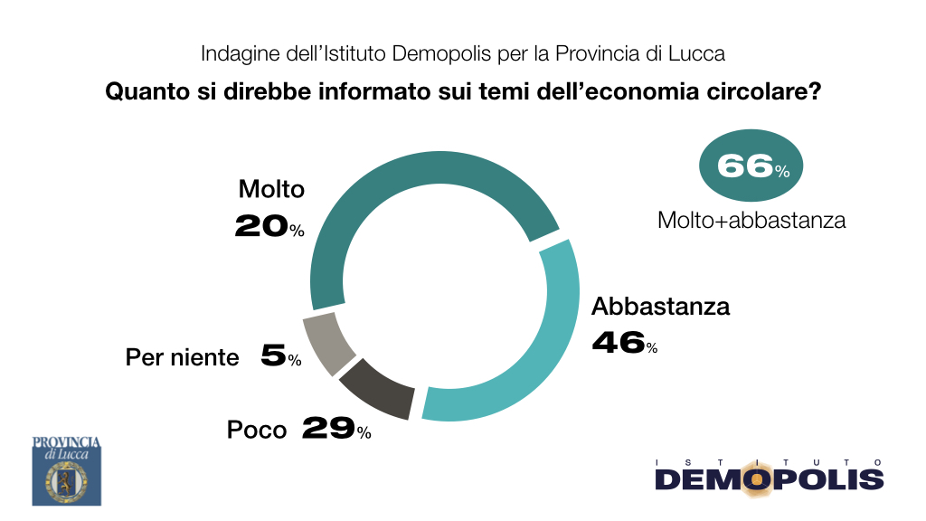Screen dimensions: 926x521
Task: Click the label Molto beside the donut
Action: tap(271, 189)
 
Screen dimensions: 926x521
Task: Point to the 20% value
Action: tap(269, 225)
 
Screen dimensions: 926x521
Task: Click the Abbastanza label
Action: tap(661, 306)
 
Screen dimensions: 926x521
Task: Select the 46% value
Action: tap(625, 343)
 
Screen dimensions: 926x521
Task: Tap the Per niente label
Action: tap(182, 357)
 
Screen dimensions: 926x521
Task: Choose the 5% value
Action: tap(281, 355)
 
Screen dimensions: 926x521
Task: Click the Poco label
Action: tap(256, 430)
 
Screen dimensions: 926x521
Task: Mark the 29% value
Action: tap(336, 428)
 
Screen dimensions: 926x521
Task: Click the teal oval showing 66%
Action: tap(751, 166)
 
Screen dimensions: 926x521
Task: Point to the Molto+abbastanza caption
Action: tap(751, 221)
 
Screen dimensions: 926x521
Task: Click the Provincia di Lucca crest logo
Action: tap(67, 470)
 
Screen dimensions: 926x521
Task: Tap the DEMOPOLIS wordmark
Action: tap(770, 479)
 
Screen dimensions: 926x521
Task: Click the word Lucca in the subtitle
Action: tap(696, 53)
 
